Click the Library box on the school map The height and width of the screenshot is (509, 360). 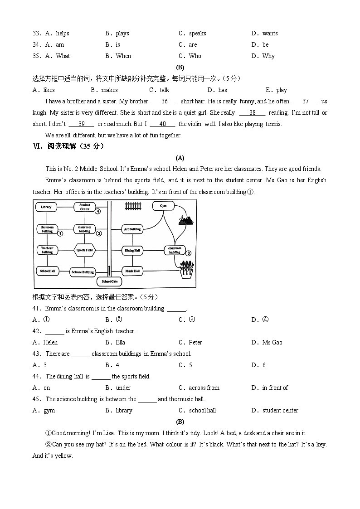[46, 207]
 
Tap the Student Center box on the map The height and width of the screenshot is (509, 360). [85, 207]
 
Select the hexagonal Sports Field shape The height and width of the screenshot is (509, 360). [85, 250]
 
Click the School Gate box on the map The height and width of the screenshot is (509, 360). [109, 281]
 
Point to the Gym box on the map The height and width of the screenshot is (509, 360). [163, 206]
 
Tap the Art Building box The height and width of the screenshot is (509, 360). [132, 229]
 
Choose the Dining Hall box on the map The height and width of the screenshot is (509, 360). [132, 250]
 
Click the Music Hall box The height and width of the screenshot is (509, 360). [132, 271]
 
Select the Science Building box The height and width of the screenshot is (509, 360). [83, 272]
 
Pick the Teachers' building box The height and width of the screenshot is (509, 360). [47, 250]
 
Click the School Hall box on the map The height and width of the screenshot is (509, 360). [47, 271]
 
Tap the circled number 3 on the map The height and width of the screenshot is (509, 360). [188, 253]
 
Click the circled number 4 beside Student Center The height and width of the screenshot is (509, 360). [97, 211]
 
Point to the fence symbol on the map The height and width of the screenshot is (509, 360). [133, 207]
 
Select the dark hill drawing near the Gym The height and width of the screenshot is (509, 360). [186, 220]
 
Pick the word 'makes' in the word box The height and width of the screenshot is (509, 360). [109, 90]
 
